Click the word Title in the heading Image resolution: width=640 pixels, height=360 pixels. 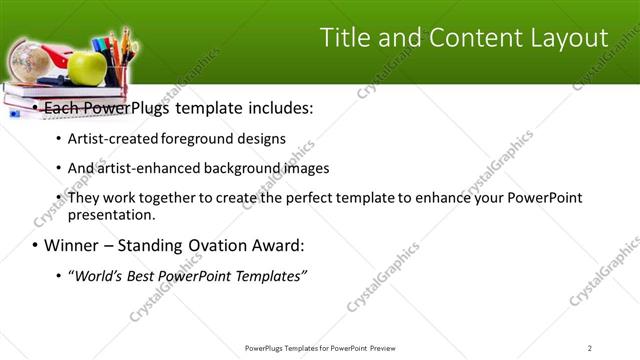345,38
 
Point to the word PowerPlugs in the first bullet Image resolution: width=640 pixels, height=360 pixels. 133,107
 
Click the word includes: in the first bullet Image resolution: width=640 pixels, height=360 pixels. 274,107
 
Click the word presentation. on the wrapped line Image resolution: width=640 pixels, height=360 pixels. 112,215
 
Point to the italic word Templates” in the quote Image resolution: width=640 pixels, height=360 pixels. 270,275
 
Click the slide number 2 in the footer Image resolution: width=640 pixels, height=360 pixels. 589,347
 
